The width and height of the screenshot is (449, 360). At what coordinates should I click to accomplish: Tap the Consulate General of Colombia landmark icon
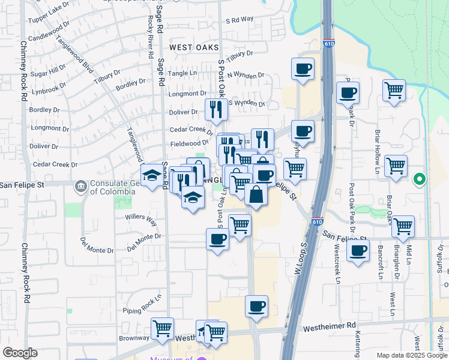(80, 187)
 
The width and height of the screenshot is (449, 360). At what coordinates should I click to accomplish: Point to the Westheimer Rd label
(330, 328)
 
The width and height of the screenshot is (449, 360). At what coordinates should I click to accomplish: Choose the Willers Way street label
(140, 220)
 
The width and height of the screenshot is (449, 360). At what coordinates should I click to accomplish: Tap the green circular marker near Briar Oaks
(420, 179)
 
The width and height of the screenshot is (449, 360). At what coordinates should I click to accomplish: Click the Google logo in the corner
(19, 352)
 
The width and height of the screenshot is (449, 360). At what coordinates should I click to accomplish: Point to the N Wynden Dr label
(246, 76)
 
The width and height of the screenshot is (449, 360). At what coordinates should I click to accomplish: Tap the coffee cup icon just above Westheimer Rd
(256, 307)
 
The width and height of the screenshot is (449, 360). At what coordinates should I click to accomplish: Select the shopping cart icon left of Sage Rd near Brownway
(162, 329)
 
